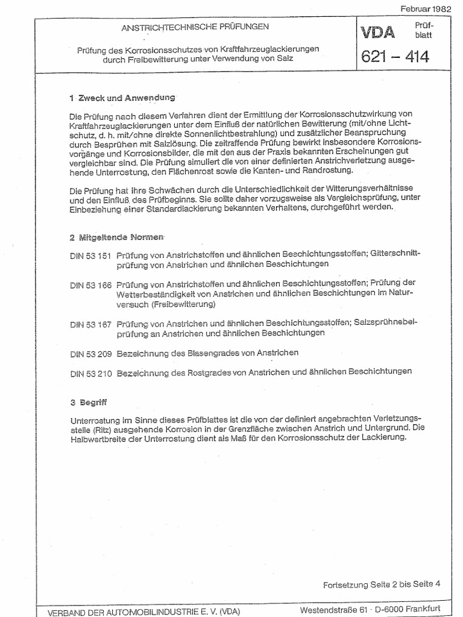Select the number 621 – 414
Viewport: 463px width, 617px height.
394,57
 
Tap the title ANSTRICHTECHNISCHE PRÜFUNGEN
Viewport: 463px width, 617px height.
196,27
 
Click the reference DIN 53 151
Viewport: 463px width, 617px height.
91,255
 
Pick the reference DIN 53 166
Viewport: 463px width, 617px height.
91,284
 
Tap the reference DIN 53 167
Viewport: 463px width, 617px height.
91,324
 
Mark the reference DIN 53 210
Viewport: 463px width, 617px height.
91,372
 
